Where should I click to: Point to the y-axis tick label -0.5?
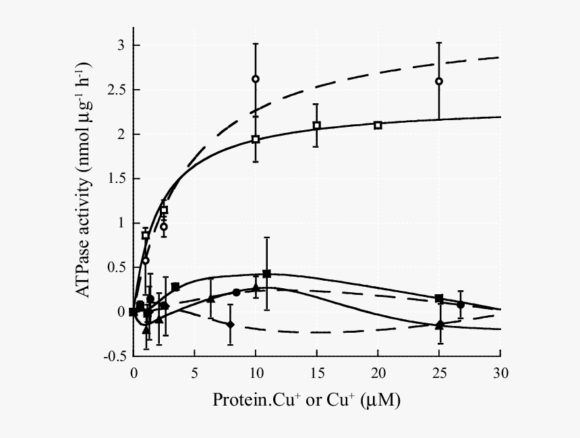(x=113, y=356)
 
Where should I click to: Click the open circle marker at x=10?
(x=256, y=79)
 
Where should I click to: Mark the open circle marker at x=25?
(x=439, y=81)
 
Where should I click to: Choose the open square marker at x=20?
(x=378, y=125)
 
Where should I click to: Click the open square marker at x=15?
(x=316, y=126)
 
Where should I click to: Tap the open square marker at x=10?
(x=256, y=139)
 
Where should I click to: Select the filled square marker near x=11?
(x=266, y=273)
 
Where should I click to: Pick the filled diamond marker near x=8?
(x=231, y=325)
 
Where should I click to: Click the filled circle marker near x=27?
(x=460, y=304)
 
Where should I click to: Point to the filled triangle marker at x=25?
(x=440, y=325)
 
